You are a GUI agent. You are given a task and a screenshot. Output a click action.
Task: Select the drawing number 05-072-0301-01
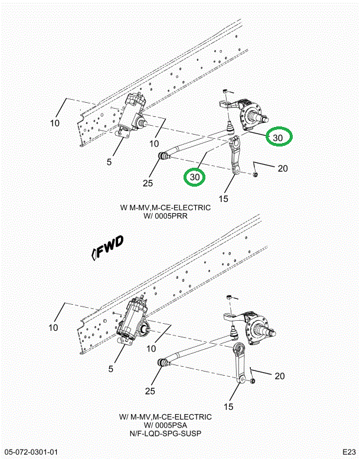34,452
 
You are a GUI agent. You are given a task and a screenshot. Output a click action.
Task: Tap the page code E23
346,452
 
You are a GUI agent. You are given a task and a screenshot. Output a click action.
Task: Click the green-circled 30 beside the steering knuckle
278,138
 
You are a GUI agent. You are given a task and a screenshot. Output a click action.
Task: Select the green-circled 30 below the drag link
195,177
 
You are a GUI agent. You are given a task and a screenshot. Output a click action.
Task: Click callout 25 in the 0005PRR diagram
148,183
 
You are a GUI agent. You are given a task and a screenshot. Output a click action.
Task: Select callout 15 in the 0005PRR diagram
223,198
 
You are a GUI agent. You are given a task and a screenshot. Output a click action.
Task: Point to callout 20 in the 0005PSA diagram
280,376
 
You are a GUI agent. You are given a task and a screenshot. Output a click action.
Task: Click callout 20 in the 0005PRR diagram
282,168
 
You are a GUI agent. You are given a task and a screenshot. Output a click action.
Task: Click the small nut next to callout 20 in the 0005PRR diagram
254,174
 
